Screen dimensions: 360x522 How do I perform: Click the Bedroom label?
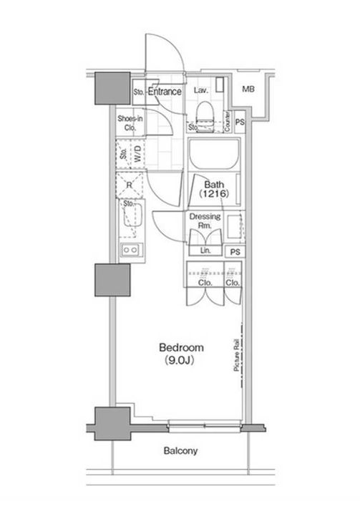[x=181, y=347]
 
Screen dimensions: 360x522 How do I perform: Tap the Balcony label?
[x=180, y=451]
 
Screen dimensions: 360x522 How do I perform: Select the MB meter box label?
[x=248, y=89]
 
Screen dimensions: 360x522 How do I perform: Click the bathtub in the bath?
[x=213, y=155]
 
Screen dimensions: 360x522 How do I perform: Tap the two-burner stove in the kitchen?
[x=131, y=250]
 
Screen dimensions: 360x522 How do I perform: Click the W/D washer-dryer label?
[x=137, y=154]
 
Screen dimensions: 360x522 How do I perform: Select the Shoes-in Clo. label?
[x=130, y=123]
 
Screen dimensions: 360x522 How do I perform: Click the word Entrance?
[x=165, y=92]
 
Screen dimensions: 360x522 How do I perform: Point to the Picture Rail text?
[x=237, y=355]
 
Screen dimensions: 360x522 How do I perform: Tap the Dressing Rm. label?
[x=205, y=221]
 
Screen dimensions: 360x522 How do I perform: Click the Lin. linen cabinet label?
[x=205, y=251]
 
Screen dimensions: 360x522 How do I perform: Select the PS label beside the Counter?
[x=240, y=122]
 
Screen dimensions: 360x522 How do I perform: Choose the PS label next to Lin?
[x=235, y=252]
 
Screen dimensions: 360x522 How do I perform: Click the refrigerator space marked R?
[x=130, y=185]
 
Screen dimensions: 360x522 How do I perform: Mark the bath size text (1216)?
[x=214, y=193]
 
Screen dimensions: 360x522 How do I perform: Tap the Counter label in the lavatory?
[x=228, y=121]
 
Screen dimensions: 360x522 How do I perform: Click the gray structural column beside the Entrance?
[x=112, y=88]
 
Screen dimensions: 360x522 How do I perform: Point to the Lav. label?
[x=201, y=90]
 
